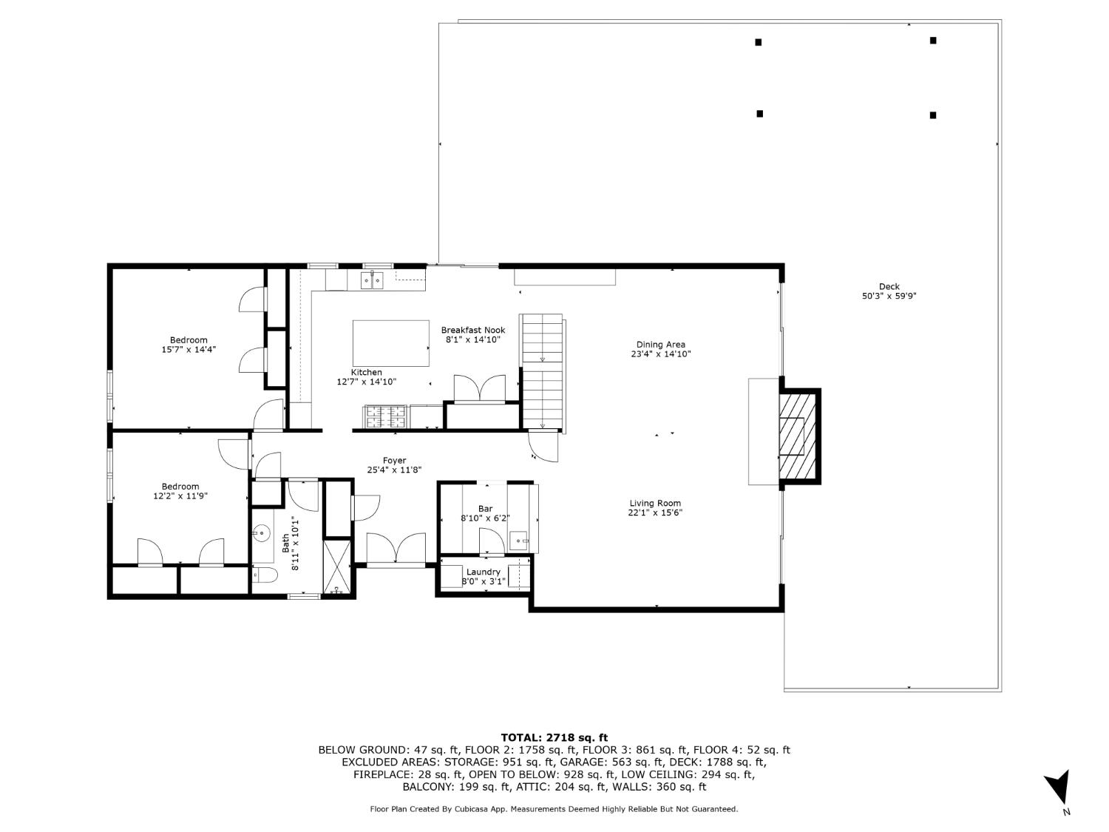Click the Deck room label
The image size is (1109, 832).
[x=889, y=287]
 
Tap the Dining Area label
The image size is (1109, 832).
[x=660, y=345]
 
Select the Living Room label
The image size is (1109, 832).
[x=654, y=504]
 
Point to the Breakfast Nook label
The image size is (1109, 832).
[x=473, y=331]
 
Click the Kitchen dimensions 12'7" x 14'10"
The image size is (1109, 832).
[x=367, y=382]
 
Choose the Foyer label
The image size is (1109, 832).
[x=394, y=461]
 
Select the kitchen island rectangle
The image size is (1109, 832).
[x=391, y=343]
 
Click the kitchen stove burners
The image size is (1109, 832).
[x=384, y=417]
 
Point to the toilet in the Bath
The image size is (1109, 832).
[x=263, y=575]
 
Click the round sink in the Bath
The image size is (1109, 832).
[x=261, y=531]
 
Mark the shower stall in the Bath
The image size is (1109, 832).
[x=339, y=566]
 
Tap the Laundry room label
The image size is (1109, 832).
[x=484, y=572]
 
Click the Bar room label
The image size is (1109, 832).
[x=485, y=509]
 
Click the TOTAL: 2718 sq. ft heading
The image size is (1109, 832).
[x=554, y=737]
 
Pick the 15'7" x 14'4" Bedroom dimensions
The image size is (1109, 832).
[x=189, y=350]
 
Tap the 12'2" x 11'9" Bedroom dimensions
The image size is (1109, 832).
[x=180, y=496]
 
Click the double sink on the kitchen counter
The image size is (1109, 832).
[x=372, y=280]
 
